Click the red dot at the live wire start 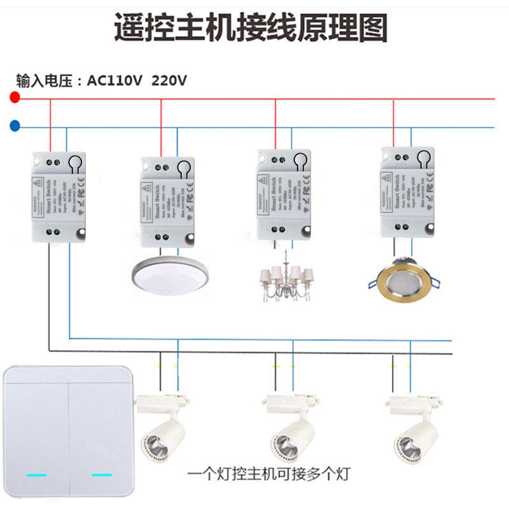(15, 98)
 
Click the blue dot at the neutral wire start (15, 127)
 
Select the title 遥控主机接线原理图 (251, 28)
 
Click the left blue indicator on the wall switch (37, 475)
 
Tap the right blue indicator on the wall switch (101, 475)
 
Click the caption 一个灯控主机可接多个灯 (268, 475)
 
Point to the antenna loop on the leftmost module (76, 164)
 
